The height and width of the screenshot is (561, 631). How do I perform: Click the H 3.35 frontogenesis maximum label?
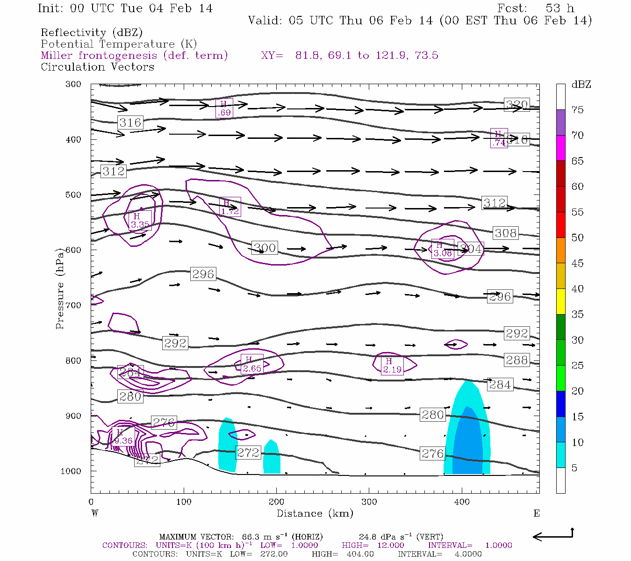tap(140, 221)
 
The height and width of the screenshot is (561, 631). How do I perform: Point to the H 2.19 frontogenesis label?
tap(392, 366)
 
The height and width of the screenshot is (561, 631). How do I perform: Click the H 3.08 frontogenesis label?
tap(442, 250)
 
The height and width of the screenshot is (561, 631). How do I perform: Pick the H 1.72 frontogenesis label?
tap(229, 207)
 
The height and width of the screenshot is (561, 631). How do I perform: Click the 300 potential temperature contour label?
tap(265, 248)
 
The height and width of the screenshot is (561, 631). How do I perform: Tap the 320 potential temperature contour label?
tap(517, 105)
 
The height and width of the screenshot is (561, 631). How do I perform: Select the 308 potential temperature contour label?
tap(505, 233)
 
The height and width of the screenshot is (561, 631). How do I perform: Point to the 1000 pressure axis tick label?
tap(71, 471)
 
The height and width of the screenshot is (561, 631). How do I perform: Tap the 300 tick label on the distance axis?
tap(369, 502)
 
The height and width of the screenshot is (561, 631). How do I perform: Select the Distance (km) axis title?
tap(315, 513)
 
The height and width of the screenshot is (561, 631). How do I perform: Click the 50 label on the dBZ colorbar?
tap(577, 237)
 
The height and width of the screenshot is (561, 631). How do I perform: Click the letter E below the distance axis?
tap(536, 513)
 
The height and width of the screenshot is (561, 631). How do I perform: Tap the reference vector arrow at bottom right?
tap(553, 536)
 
